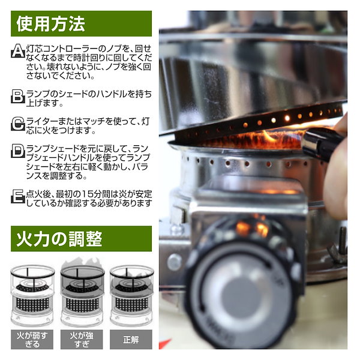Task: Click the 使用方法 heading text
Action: tap(51, 23)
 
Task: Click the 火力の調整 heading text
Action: tap(59, 239)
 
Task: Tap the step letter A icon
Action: tap(18, 51)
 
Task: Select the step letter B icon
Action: tap(18, 96)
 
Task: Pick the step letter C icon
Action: tap(18, 124)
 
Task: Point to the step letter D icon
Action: tap(18, 151)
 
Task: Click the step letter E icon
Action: tap(18, 196)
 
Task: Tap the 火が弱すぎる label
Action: tap(32, 340)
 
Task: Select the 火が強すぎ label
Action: tap(82, 340)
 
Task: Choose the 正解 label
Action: tap(131, 340)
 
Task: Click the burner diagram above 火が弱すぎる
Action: tap(32, 296)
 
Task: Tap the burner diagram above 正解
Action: tap(131, 296)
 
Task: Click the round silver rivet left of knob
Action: tap(175, 262)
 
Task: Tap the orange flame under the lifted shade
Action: tap(253, 139)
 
